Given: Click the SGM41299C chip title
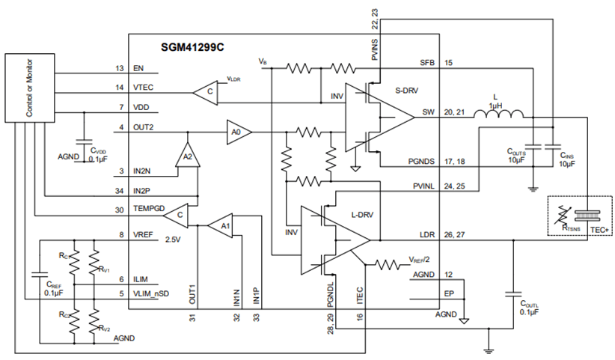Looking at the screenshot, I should (193, 46).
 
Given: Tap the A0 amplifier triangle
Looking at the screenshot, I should (237, 132).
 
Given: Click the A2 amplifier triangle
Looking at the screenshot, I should (187, 156).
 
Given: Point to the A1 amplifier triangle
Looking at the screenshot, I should (220, 224).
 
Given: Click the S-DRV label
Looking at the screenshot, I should (406, 90).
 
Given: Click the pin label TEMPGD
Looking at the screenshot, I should (149, 210).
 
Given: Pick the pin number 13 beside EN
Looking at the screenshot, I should (119, 69).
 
